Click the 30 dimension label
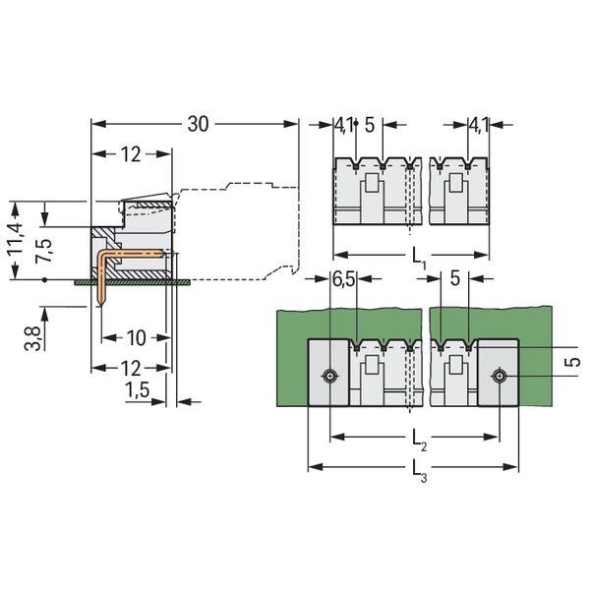tap(199, 124)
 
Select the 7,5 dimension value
tap(43, 242)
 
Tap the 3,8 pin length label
tap(32, 339)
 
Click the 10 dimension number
tap(136, 338)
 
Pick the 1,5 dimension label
tap(139, 391)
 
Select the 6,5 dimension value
tap(343, 280)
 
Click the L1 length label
tap(417, 262)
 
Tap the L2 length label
tap(418, 436)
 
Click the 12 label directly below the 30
tap(132, 154)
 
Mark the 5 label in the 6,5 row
tap(453, 280)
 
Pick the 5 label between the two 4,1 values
tap(369, 124)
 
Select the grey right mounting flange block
tap(498, 372)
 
